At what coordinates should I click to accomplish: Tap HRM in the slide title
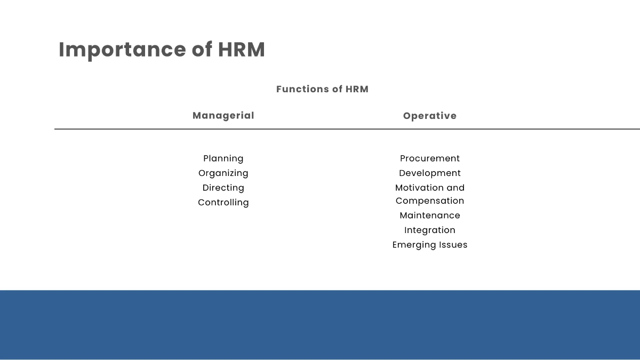click(241, 50)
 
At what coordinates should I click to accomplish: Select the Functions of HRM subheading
click(322, 89)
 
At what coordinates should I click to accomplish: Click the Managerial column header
click(223, 116)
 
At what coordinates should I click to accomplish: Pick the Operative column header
click(430, 116)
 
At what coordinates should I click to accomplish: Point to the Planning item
click(223, 158)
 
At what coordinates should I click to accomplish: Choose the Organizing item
click(223, 173)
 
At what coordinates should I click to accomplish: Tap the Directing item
click(223, 188)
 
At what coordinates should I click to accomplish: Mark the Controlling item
click(223, 203)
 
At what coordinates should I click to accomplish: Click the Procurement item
click(430, 158)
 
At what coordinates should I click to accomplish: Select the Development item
click(430, 173)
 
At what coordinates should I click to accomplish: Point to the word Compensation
click(430, 201)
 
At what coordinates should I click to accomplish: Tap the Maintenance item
click(430, 215)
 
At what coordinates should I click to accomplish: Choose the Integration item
click(430, 230)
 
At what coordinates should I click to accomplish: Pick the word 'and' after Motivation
click(455, 188)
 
